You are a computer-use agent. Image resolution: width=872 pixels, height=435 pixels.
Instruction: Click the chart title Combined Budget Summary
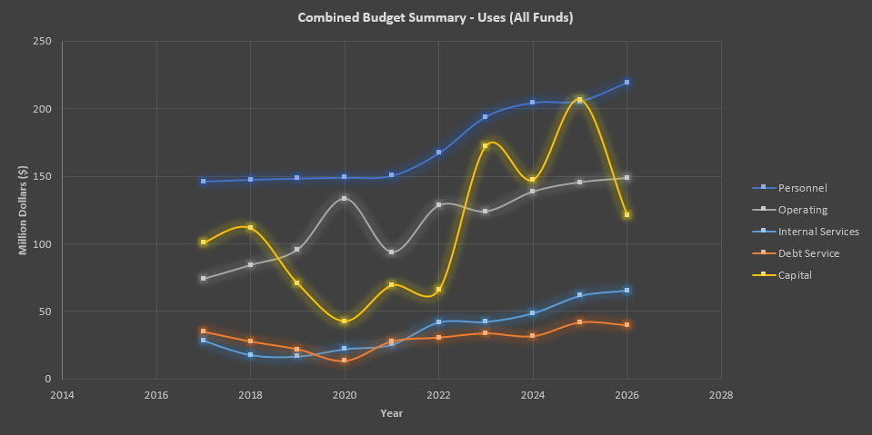(x=436, y=17)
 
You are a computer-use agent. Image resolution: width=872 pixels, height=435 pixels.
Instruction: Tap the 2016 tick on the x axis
(x=156, y=396)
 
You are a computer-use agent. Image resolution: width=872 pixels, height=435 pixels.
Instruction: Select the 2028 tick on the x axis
(x=721, y=396)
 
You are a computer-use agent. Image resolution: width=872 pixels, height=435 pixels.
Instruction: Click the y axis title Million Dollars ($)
(x=23, y=211)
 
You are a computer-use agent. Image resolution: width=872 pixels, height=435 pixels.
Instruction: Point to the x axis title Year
(x=392, y=414)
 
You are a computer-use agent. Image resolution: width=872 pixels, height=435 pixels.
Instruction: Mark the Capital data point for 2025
(x=580, y=100)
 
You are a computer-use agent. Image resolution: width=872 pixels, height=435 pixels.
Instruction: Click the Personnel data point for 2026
(x=627, y=83)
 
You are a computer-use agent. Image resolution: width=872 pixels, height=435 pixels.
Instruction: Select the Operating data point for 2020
(x=345, y=198)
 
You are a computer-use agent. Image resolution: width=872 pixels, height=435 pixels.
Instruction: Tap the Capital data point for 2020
(x=345, y=321)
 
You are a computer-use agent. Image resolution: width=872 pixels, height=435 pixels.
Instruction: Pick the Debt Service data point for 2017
(x=204, y=331)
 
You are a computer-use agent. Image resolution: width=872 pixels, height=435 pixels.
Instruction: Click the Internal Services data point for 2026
(x=627, y=291)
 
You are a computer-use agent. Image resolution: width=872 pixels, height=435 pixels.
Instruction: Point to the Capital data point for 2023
(x=486, y=146)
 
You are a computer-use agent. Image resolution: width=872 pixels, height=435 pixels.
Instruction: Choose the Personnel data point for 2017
(x=204, y=182)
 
